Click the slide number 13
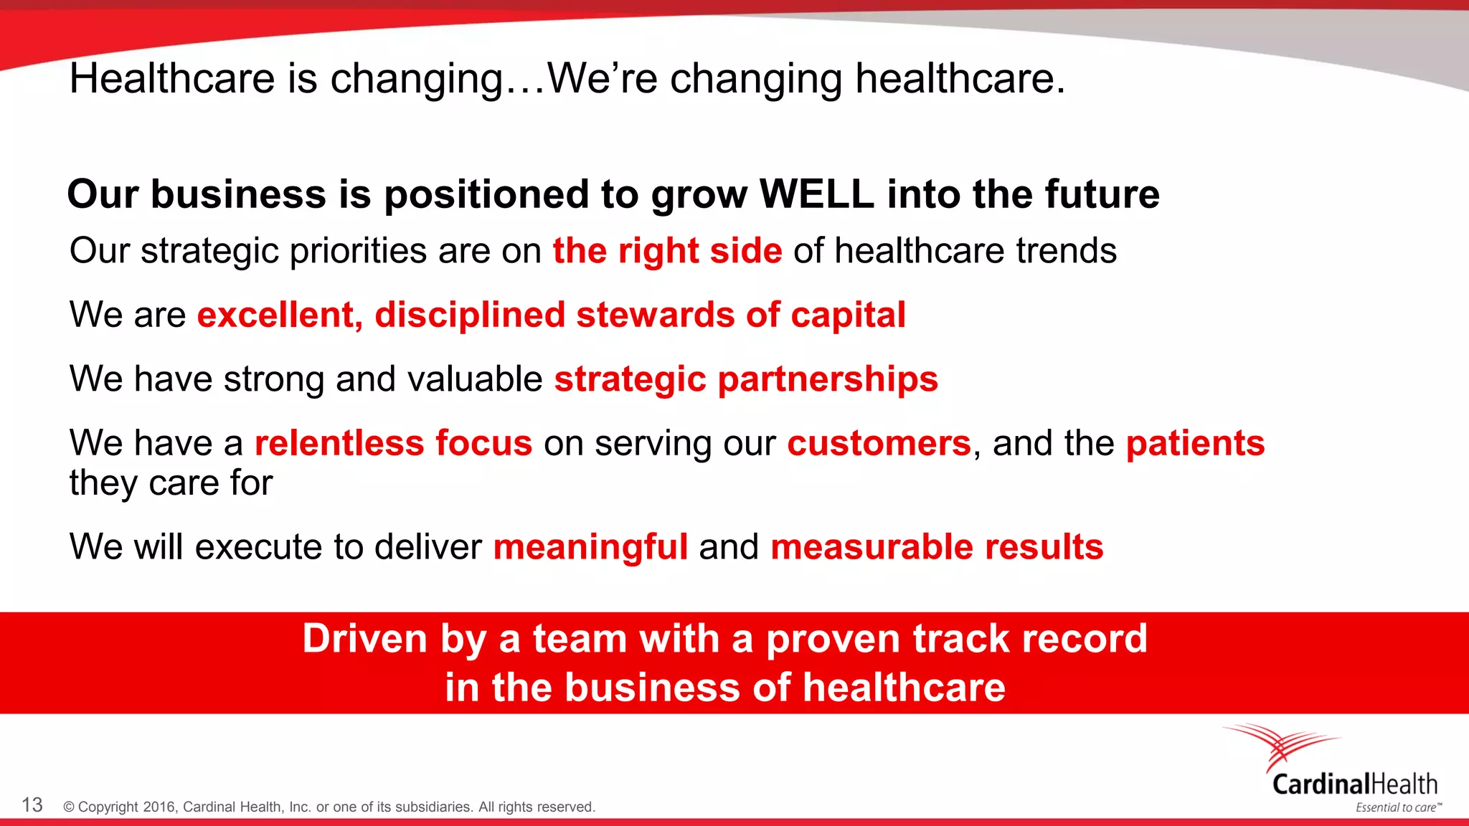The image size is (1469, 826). point(32,805)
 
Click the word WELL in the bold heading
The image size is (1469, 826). point(816,194)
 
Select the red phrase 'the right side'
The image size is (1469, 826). point(667,252)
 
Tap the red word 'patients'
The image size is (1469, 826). point(1195,444)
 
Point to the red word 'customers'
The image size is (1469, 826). point(879,443)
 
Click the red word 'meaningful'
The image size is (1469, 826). point(590,548)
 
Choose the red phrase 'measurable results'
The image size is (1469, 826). point(937,547)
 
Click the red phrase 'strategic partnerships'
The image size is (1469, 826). point(746,379)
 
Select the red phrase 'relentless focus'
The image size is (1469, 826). point(394,443)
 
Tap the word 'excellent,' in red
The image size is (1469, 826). point(280,315)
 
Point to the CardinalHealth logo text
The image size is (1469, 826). point(1354,784)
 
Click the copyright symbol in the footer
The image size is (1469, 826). point(69,807)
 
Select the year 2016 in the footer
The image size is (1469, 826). point(159,807)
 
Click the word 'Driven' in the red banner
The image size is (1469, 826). point(365,638)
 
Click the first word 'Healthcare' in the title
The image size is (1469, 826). point(172,79)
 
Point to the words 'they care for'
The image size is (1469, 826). point(171,483)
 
